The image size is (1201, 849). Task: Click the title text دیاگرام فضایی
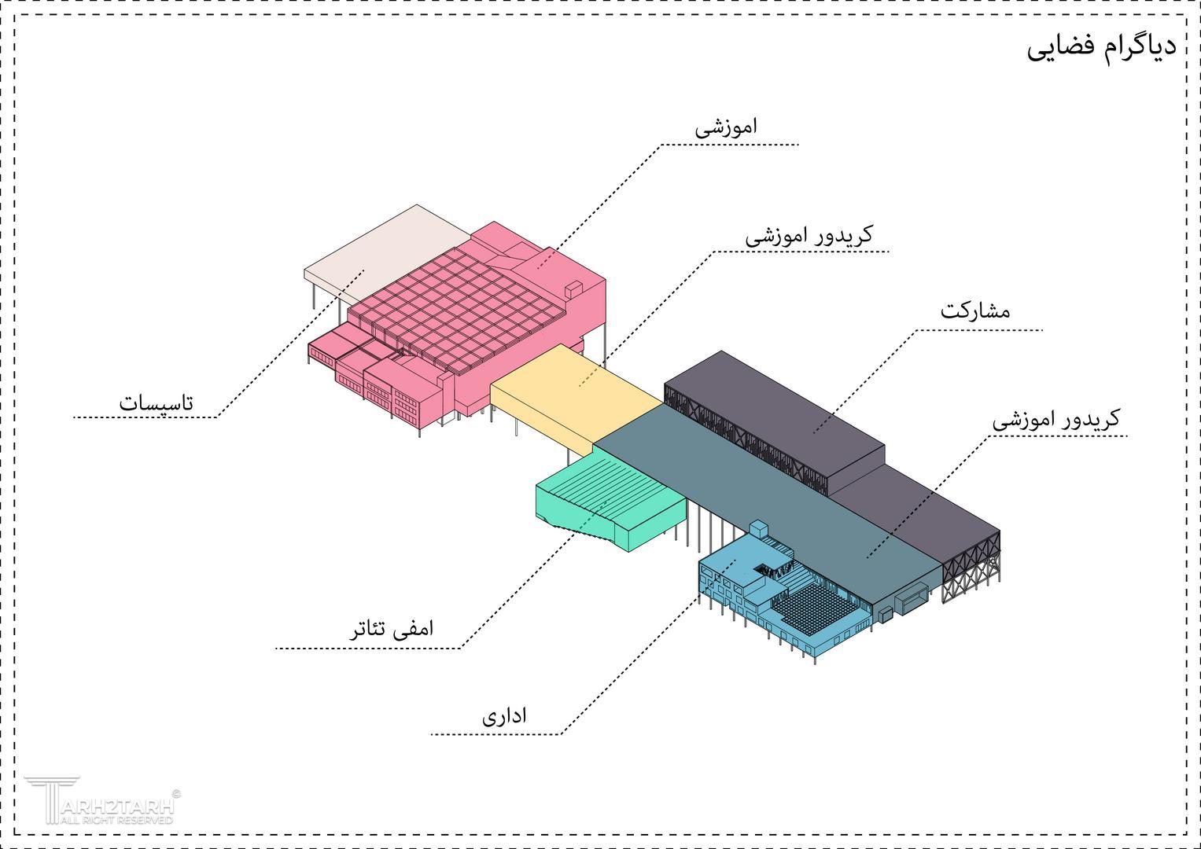pyautogui.click(x=1102, y=50)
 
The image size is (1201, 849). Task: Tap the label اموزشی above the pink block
pyautogui.click(x=726, y=127)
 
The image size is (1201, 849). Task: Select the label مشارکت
pyautogui.click(x=975, y=311)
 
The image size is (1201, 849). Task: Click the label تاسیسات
pyautogui.click(x=156, y=402)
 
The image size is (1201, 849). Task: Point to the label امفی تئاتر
pyautogui.click(x=392, y=628)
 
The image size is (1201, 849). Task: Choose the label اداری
pyautogui.click(x=504, y=715)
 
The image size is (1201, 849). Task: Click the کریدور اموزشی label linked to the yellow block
pyautogui.click(x=809, y=236)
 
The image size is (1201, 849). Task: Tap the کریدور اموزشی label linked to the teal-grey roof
pyautogui.click(x=1056, y=418)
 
